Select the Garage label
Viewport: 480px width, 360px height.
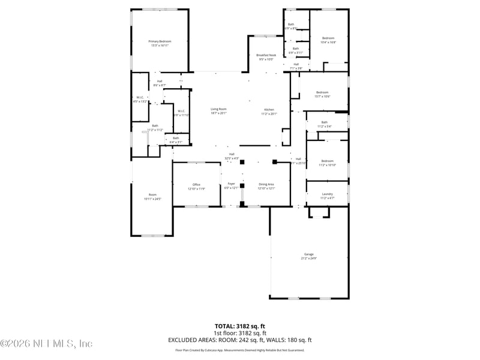pyautogui.click(x=308, y=256)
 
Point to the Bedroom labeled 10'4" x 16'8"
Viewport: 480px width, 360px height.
pyautogui.click(x=328, y=40)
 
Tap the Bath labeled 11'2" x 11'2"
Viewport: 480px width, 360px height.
pyautogui.click(x=155, y=127)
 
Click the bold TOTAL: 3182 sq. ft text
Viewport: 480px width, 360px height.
pyautogui.click(x=239, y=326)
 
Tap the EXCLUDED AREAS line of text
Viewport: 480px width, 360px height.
pyautogui.click(x=239, y=340)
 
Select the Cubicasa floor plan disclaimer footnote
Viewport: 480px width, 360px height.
pyautogui.click(x=239, y=350)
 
